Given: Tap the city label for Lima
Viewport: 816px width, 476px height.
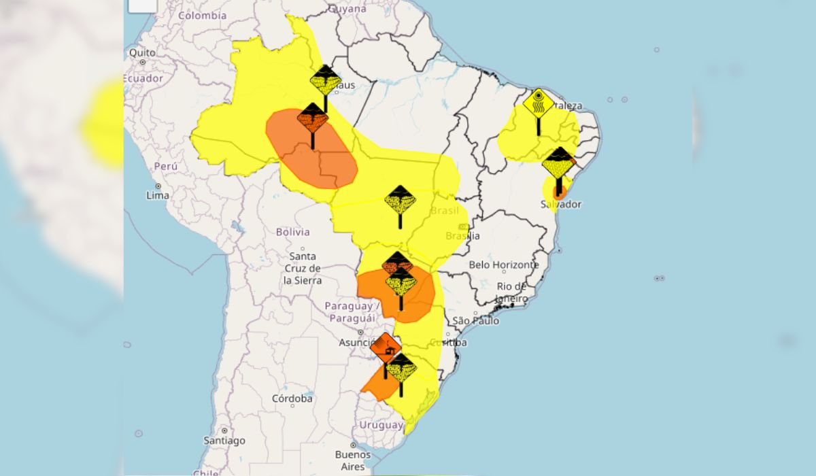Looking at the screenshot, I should coord(158,195).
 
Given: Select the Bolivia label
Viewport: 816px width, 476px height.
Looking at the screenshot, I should coord(292,232).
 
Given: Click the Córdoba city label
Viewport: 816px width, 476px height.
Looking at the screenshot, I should coord(292,398).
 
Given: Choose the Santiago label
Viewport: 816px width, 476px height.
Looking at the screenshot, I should coord(224,441).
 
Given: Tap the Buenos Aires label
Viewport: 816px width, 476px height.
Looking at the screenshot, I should coord(354,460).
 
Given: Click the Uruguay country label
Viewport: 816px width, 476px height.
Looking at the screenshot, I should coord(381,425).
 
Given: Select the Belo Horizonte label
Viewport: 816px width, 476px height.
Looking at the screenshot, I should coord(504,265).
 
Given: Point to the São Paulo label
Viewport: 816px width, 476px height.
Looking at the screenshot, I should coord(476,320).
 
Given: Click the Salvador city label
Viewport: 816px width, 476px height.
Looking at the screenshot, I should coord(561,204).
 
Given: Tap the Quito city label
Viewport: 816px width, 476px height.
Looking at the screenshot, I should coord(143,52).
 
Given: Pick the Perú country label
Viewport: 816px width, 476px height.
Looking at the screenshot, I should coord(165,166).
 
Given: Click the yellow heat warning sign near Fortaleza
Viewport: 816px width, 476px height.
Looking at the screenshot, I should coord(539,104).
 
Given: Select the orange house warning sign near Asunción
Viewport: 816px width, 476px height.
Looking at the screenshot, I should coord(386,347).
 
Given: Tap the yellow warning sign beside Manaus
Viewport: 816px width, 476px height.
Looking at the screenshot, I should coord(325,81).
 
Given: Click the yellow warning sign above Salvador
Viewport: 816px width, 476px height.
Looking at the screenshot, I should coord(559,163).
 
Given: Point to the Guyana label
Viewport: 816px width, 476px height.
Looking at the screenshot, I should coord(347,9).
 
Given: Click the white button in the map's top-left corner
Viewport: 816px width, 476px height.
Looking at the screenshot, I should coord(143,4).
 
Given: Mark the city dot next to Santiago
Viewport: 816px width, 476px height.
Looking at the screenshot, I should coord(224,430).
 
